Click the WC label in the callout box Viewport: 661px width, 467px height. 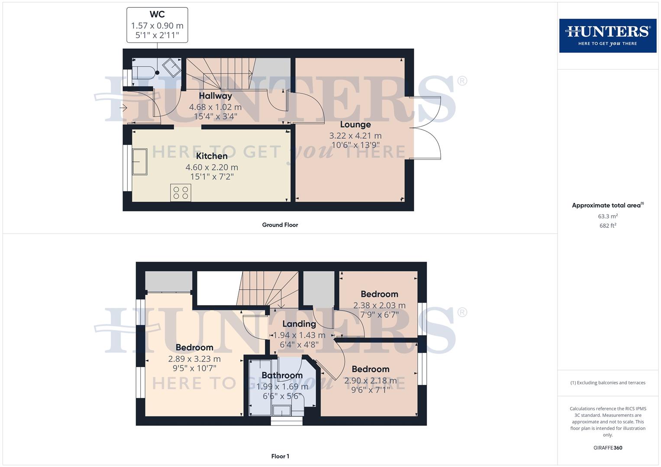point(157,14)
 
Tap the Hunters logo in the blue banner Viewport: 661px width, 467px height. point(607,35)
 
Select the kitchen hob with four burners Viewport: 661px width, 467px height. point(181,192)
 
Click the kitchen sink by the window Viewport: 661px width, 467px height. point(140,162)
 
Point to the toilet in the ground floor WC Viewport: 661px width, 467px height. point(143,72)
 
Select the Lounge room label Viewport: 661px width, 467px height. point(355,125)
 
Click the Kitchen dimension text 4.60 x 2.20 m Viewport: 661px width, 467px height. point(212,167)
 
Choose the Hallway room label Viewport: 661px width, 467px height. point(215,96)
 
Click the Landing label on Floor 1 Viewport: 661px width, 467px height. point(299,324)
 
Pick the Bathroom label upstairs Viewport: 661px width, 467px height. point(282,376)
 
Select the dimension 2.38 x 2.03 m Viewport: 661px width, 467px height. point(379,305)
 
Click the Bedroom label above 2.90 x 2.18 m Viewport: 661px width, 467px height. point(370,369)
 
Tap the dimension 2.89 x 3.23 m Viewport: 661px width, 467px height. point(194,359)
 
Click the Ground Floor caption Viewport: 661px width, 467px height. point(280,225)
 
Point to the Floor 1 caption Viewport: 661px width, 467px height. point(280,456)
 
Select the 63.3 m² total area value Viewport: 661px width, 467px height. point(608,216)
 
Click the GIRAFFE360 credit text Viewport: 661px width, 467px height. point(608,448)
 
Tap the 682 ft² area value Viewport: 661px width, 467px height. point(608,226)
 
